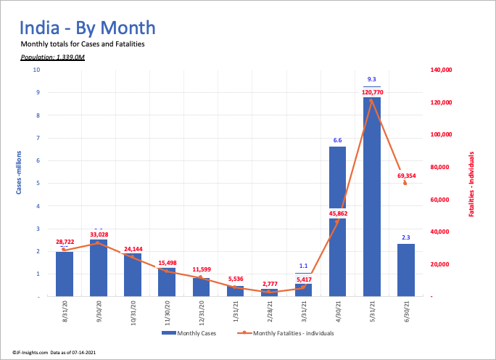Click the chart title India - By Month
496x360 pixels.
click(87, 28)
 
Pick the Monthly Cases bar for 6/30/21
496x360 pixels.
click(405, 270)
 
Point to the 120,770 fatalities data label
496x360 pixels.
click(371, 93)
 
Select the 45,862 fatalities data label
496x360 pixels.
click(337, 213)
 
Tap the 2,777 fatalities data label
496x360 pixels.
click(269, 283)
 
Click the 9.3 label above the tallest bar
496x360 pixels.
click(371, 78)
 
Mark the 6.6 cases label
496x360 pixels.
click(337, 140)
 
